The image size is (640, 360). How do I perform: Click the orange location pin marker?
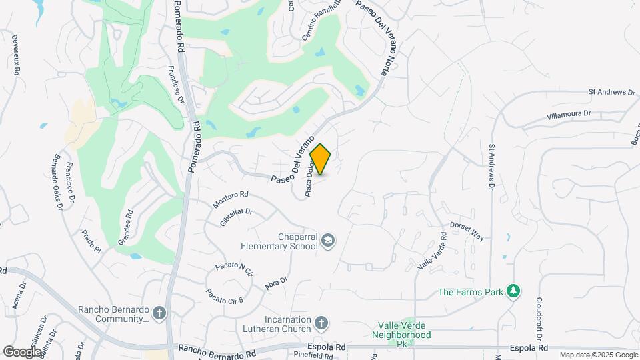pyautogui.click(x=321, y=159)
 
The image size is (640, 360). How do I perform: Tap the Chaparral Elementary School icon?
pyautogui.click(x=327, y=240)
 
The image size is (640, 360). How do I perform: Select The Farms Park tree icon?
pyautogui.click(x=513, y=291)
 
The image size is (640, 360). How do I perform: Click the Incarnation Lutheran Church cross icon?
pyautogui.click(x=321, y=324)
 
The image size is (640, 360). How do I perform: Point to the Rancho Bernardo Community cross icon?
pyautogui.click(x=159, y=313)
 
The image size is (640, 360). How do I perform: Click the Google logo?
pyautogui.click(x=22, y=351)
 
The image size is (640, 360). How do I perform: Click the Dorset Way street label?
pyautogui.click(x=466, y=230)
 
